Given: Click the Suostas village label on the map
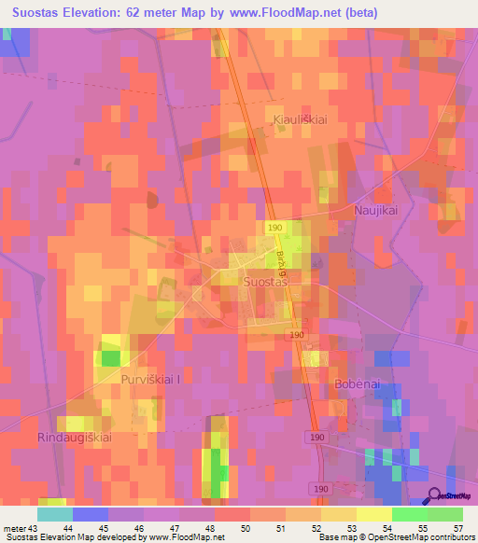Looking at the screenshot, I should click(x=263, y=280).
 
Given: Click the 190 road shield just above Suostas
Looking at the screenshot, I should click(x=274, y=228).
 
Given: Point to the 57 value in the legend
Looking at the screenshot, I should click(x=457, y=528).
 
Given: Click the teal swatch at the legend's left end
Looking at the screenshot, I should click(x=54, y=514).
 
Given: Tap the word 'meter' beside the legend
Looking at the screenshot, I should click(x=13, y=528).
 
